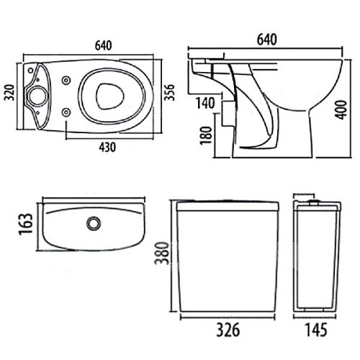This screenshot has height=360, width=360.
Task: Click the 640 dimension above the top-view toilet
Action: pyautogui.click(x=104, y=45)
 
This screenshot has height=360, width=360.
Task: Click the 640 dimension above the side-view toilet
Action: pyautogui.click(x=267, y=40)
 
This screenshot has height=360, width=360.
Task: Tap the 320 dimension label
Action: pyautogui.click(x=10, y=93)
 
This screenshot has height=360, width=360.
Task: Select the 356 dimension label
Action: pyautogui.click(x=169, y=92)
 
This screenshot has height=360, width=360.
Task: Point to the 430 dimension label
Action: pyautogui.click(x=107, y=147)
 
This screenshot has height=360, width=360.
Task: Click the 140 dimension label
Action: pyautogui.click(x=205, y=103)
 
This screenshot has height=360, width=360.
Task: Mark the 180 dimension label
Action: pyautogui.click(x=207, y=135)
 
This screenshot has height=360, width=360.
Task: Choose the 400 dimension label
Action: pyautogui.click(x=341, y=110)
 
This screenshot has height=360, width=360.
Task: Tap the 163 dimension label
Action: pyautogui.click(x=26, y=224)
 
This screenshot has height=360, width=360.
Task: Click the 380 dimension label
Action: pyautogui.click(x=161, y=253)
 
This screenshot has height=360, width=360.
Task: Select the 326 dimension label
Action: pyautogui.click(x=228, y=330)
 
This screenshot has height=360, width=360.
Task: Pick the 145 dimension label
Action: pyautogui.click(x=316, y=330)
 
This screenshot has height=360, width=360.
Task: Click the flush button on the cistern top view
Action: pyautogui.click(x=94, y=223)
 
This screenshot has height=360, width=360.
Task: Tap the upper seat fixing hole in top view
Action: pyautogui.click(x=66, y=81)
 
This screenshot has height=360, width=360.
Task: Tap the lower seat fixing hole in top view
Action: pyautogui.click(x=66, y=112)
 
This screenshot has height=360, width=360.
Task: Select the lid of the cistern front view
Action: pyautogui.click(x=228, y=206)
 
